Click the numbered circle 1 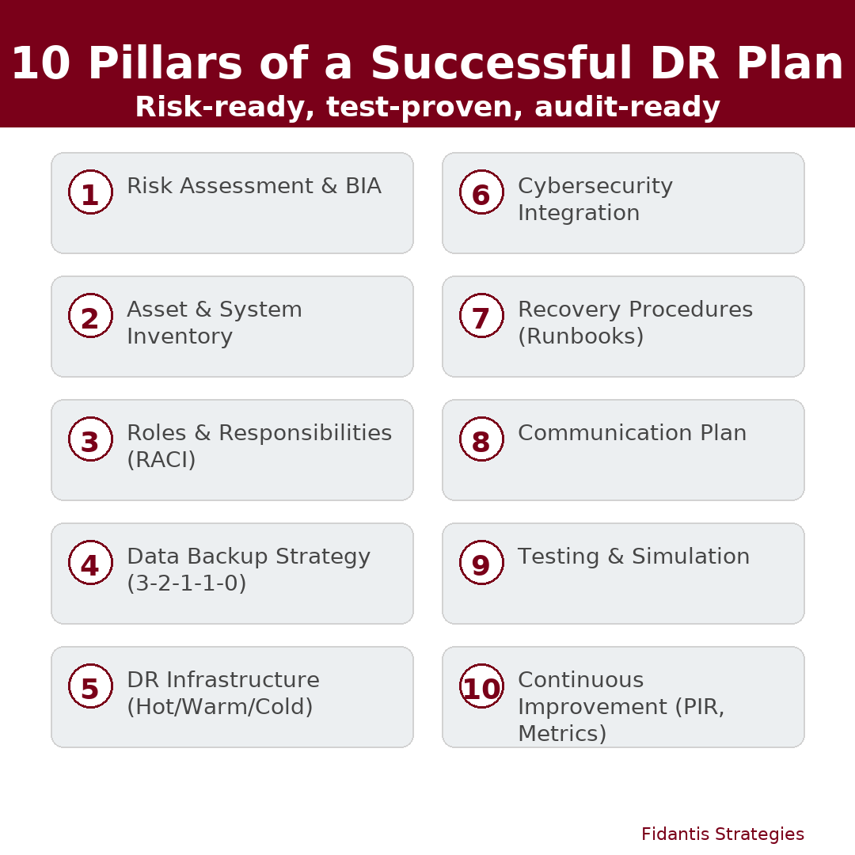(x=90, y=192)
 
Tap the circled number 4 (x=90, y=563)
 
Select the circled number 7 (x=481, y=316)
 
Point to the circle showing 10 (x=481, y=686)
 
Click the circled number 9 (x=481, y=563)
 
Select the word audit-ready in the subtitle (x=628, y=107)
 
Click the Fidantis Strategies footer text (x=723, y=834)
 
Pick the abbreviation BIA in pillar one (x=363, y=186)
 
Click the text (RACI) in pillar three (x=161, y=460)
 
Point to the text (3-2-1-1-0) (x=187, y=583)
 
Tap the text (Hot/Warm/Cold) (x=220, y=707)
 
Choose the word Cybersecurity (x=595, y=187)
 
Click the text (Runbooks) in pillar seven (x=581, y=336)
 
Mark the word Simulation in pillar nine (x=690, y=557)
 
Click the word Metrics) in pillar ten (x=562, y=733)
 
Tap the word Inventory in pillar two (x=180, y=337)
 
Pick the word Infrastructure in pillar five (x=243, y=680)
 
